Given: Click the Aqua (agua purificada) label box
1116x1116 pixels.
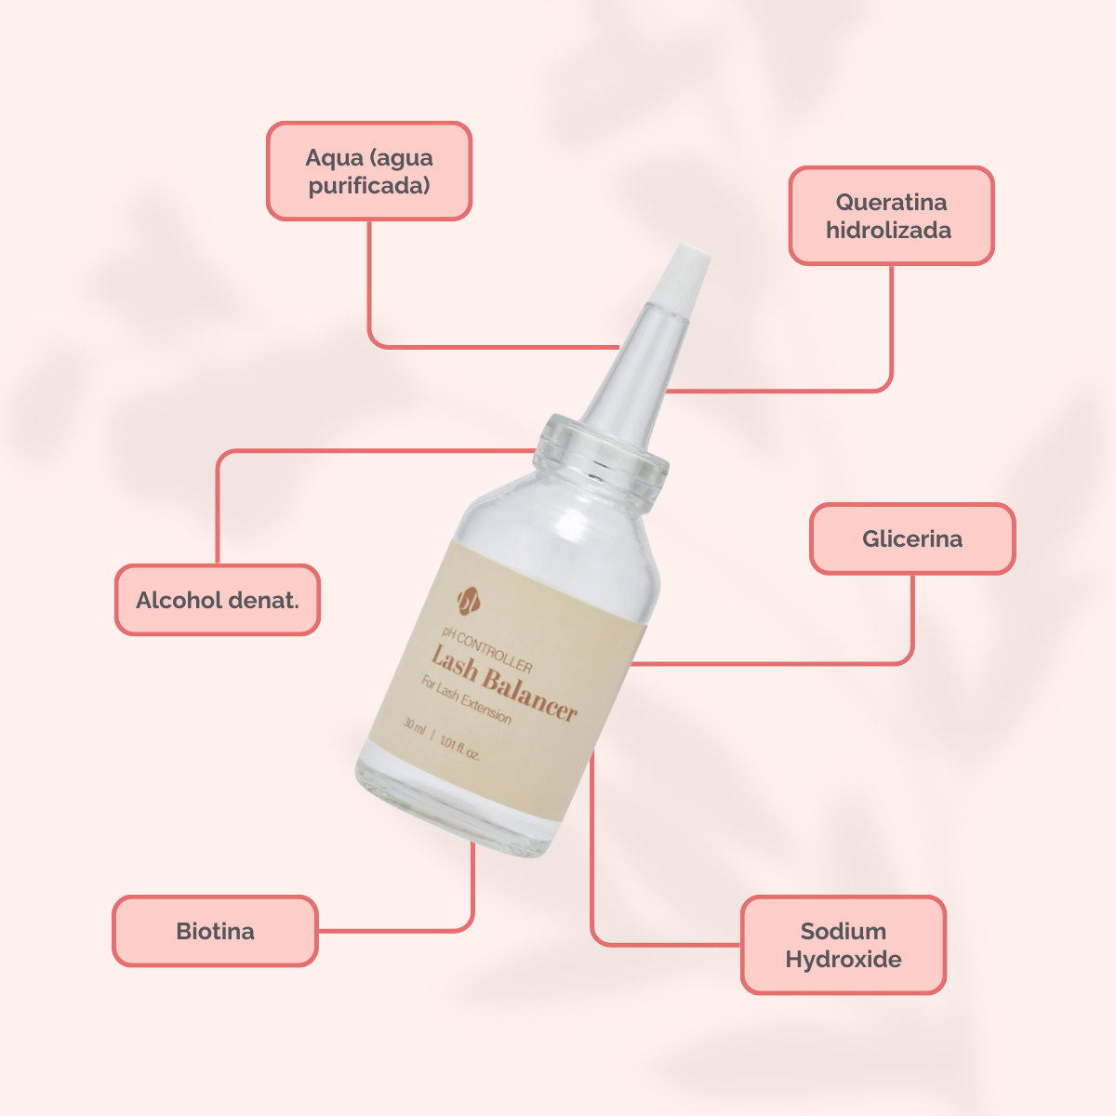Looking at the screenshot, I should pyautogui.click(x=369, y=171).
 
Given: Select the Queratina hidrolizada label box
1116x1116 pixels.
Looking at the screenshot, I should pyautogui.click(x=891, y=216).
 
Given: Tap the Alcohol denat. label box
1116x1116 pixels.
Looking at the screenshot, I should pyautogui.click(x=218, y=600).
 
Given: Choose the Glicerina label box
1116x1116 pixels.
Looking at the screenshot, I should pyautogui.click(x=912, y=538).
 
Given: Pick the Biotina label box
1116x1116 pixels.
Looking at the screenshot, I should pyautogui.click(x=215, y=931).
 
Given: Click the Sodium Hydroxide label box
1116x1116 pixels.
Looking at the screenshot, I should pyautogui.click(x=844, y=945).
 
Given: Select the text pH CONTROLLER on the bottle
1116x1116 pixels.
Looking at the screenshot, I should pyautogui.click(x=487, y=652).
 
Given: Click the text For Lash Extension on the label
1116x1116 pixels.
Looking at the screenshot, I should pyautogui.click(x=465, y=700).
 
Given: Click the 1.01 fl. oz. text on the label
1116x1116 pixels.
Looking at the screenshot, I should pyautogui.click(x=459, y=746).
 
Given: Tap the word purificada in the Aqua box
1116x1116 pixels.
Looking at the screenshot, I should pyautogui.click(x=369, y=186).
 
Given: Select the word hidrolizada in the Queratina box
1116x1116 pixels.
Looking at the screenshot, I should pyautogui.click(x=889, y=231).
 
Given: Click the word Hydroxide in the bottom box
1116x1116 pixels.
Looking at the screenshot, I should pyautogui.click(x=844, y=960).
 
